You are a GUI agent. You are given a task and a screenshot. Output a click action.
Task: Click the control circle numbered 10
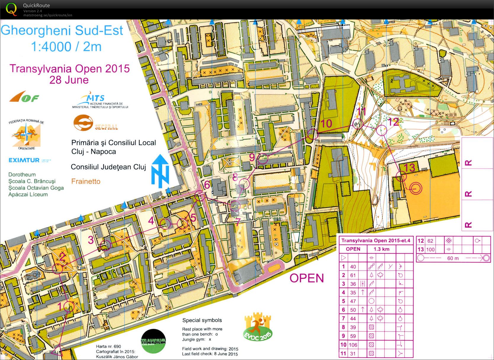312,134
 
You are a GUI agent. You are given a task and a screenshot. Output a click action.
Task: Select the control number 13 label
410,168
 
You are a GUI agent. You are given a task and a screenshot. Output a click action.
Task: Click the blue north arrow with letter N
160,172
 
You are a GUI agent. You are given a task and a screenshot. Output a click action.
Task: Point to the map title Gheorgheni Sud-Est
62,31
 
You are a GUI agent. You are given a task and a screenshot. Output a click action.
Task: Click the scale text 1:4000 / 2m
66,47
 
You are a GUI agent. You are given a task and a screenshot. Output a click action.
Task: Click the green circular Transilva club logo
153,341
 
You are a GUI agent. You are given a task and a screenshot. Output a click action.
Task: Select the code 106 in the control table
353,345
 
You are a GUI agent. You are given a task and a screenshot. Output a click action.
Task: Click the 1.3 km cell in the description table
381,249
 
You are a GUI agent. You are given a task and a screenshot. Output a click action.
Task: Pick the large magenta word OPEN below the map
306,278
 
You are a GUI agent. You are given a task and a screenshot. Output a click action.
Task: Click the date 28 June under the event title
69,80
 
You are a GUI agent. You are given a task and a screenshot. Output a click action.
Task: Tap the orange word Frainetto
86,181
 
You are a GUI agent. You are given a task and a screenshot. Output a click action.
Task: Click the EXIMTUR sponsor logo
24,160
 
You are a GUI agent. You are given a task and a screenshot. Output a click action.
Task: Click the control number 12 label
393,122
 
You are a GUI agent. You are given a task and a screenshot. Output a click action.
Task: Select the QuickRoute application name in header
36,5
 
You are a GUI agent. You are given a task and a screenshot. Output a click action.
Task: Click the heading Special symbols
202,320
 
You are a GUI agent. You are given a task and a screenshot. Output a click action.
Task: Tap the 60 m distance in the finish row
453,258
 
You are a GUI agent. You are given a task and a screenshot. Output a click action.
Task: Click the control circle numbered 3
105,245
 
